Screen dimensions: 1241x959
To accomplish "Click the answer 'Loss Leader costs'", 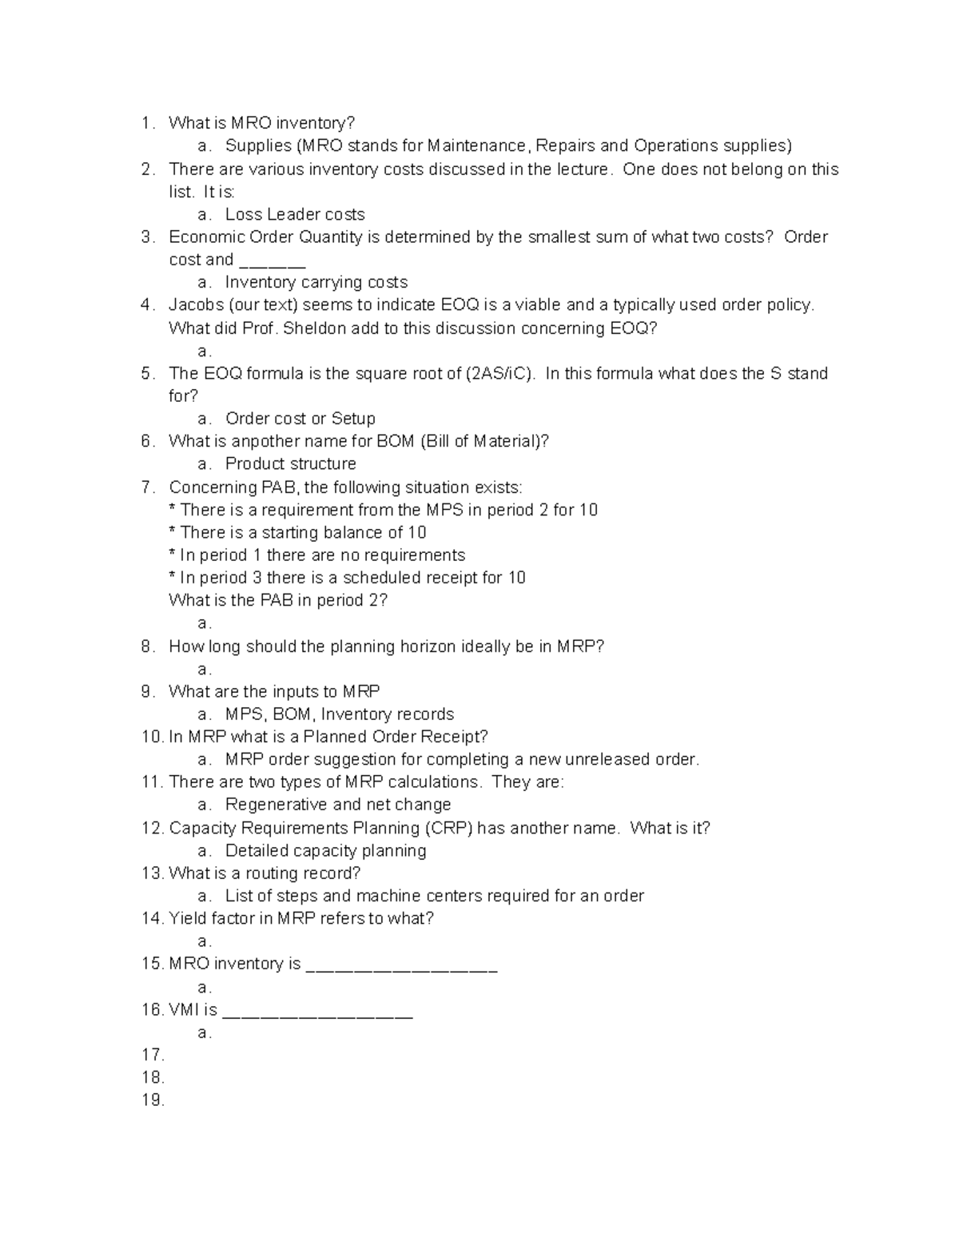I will (295, 214).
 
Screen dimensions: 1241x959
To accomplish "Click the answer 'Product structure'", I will (290, 463).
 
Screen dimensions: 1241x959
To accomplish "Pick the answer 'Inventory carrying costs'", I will (316, 282).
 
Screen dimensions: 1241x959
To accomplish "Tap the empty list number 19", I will (152, 1100).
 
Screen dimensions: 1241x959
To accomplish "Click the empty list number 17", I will (152, 1054).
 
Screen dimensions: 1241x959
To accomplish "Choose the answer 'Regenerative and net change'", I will (338, 804).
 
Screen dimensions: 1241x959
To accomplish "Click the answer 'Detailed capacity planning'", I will (325, 850).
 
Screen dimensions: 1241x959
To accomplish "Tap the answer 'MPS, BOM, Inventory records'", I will (340, 714).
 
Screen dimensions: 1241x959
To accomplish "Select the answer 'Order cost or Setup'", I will (300, 418).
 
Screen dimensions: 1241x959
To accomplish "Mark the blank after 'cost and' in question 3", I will (273, 262).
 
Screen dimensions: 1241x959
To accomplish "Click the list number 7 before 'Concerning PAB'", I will (146, 487).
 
